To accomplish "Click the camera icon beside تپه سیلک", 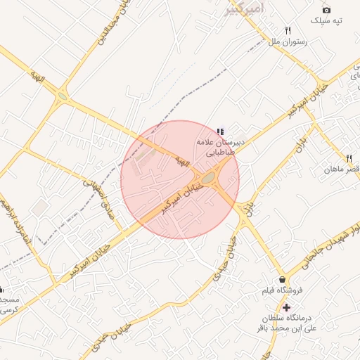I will (326, 10).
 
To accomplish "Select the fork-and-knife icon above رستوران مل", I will (288, 31).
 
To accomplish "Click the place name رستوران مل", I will (285, 42).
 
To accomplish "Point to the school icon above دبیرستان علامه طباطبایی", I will (221, 131).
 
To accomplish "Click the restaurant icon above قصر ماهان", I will (349, 158).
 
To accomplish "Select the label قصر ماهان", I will (342, 169).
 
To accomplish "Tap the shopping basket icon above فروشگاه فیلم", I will (282, 279).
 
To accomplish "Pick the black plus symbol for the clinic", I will (286, 307).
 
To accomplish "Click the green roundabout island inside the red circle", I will (209, 177).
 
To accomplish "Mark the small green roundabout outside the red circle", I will (63, 96).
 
